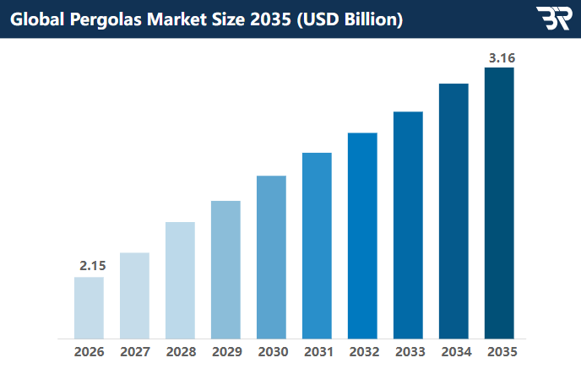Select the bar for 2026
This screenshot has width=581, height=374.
[x=89, y=307]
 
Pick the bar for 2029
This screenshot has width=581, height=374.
[x=225, y=269]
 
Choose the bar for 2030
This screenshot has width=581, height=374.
[x=271, y=257]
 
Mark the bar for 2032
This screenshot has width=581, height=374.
[x=362, y=236]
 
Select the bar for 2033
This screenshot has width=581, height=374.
[x=408, y=225]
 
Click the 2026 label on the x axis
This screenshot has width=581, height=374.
[x=89, y=351]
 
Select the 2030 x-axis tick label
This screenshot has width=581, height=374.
[x=271, y=351]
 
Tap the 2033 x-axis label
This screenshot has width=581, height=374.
[x=408, y=351]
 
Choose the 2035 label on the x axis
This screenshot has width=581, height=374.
[x=499, y=351]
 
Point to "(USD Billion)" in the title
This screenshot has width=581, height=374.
[x=347, y=19]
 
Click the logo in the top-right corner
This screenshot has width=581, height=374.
[x=553, y=19]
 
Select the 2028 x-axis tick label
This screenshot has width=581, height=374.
[x=180, y=351]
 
